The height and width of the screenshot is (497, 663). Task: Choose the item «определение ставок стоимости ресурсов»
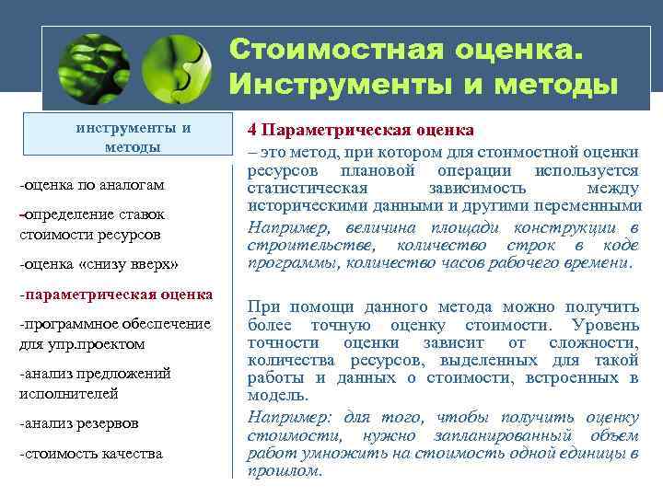tap(91, 224)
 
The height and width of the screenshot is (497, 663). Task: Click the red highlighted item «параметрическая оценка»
tap(115, 295)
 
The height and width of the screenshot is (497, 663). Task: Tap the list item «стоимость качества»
tap(90, 454)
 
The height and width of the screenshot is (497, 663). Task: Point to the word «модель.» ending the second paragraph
tap(273, 395)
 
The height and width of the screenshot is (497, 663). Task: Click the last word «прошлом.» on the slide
tap(286, 469)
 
